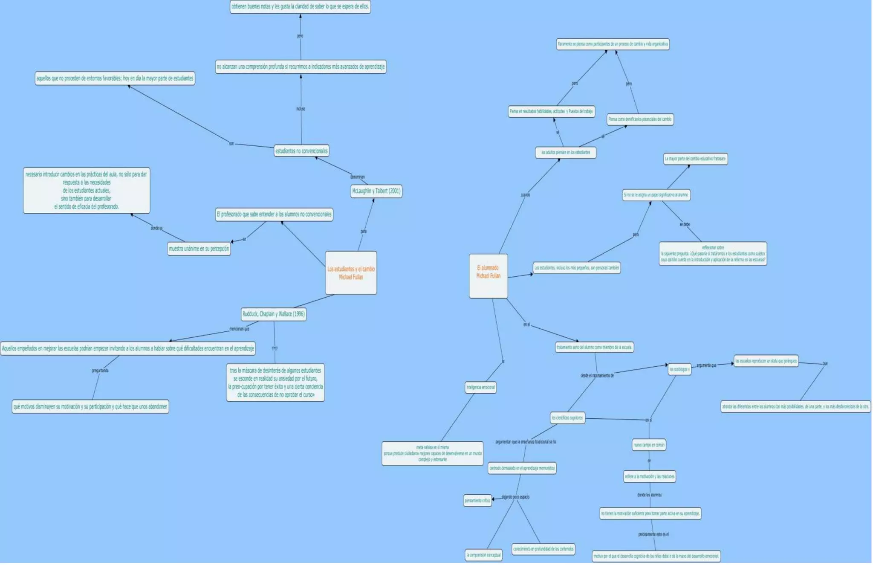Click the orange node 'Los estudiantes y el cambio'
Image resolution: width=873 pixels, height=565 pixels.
pyautogui.click(x=351, y=273)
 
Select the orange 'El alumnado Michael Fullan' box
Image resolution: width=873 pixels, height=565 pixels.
pyautogui.click(x=488, y=276)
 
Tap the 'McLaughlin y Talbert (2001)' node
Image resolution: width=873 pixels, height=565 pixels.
pyautogui.click(x=376, y=191)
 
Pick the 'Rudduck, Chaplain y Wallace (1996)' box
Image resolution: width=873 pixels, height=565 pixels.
pyautogui.click(x=274, y=314)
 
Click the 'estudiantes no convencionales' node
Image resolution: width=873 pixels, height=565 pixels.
pyautogui.click(x=301, y=151)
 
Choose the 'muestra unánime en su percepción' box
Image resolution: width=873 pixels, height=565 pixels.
pyautogui.click(x=199, y=249)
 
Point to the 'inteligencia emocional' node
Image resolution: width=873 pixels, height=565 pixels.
pyautogui.click(x=480, y=387)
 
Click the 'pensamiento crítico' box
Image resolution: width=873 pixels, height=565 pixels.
pyautogui.click(x=477, y=501)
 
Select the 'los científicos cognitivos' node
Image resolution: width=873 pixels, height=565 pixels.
pyautogui.click(x=567, y=418)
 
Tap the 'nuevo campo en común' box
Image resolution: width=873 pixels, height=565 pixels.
pyautogui.click(x=649, y=445)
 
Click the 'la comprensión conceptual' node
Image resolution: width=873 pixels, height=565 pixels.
pyautogui.click(x=483, y=555)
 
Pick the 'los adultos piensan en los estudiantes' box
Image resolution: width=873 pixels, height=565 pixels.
pyautogui.click(x=566, y=152)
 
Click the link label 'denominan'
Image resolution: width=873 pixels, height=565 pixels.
pyautogui.click(x=357, y=177)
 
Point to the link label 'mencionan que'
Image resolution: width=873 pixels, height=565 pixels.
pyautogui.click(x=239, y=329)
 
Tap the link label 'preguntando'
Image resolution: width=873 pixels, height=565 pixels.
pyautogui.click(x=100, y=371)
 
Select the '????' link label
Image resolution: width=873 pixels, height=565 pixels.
pyautogui.click(x=275, y=348)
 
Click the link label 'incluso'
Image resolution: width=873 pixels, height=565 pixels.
pyautogui.click(x=301, y=109)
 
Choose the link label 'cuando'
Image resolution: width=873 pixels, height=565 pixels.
pyautogui.click(x=525, y=195)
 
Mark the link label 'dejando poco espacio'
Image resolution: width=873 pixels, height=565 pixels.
pyautogui.click(x=515, y=497)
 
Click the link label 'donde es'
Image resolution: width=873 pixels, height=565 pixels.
pyautogui.click(x=156, y=228)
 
